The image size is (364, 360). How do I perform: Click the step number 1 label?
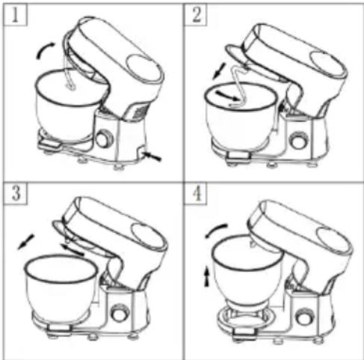pyautogui.click(x=15, y=15)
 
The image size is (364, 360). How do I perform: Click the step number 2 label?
pyautogui.click(x=197, y=14)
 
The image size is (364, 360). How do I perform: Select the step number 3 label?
pyautogui.click(x=16, y=193)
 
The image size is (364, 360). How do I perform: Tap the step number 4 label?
pyautogui.click(x=197, y=193)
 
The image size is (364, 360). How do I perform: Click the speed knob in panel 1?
pyautogui.click(x=104, y=139)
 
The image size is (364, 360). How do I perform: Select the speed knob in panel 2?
pyautogui.click(x=299, y=141)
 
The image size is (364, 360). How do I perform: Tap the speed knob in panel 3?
pyautogui.click(x=120, y=313)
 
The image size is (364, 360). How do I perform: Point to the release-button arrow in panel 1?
pyautogui.click(x=152, y=156)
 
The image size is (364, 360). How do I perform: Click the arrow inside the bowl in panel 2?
pyautogui.click(x=226, y=97)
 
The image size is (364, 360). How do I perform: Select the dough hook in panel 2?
pyautogui.click(x=238, y=85)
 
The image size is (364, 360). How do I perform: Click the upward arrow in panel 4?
pyautogui.click(x=207, y=276)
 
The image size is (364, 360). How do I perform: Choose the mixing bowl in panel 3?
pyautogui.click(x=61, y=287)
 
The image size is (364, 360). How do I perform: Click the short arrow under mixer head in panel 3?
pyautogui.click(x=73, y=250)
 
